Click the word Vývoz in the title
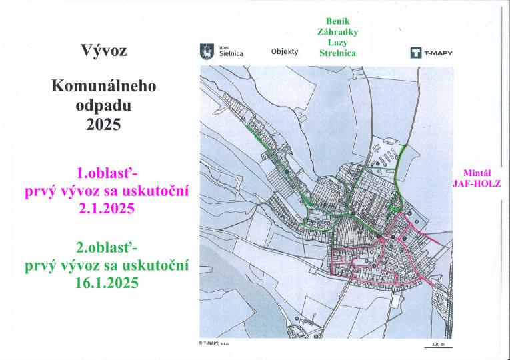[x=103, y=51]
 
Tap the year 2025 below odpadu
[x=103, y=124]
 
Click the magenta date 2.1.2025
[x=107, y=209]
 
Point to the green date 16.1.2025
[x=107, y=283]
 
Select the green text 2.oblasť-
[x=107, y=249]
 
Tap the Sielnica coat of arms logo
[x=207, y=51]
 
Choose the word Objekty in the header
[x=285, y=51]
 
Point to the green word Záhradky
[x=337, y=31]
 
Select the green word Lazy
[x=337, y=42]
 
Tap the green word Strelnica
[x=337, y=52]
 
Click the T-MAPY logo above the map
[x=431, y=53]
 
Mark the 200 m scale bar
[x=437, y=347]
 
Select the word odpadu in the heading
[x=103, y=105]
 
